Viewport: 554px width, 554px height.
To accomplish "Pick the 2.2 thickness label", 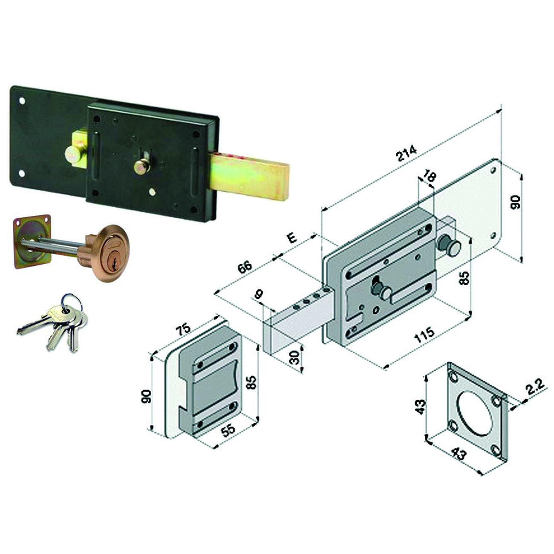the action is (534, 392).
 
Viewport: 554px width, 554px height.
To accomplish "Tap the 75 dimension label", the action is (183, 329).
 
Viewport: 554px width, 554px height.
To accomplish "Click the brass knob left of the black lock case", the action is (73, 154).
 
